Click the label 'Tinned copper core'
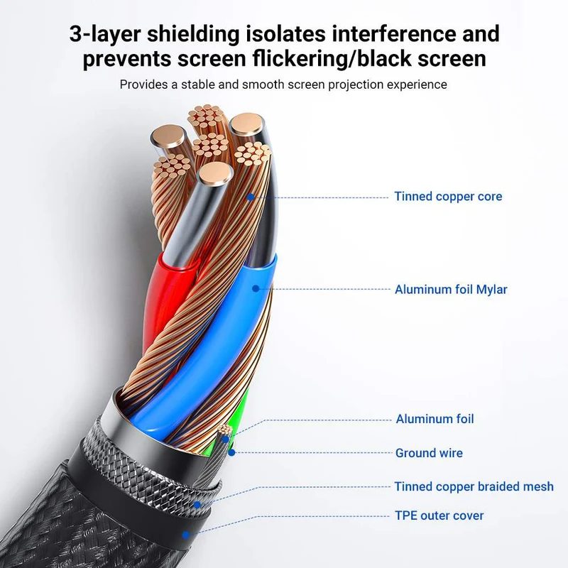coord(448,197)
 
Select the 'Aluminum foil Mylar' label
coord(451,290)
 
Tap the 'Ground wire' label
coord(429,453)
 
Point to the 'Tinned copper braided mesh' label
coord(474,486)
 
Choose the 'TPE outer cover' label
coord(439,515)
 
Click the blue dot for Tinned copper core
coord(251,197)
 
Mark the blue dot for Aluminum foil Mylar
coord(256,289)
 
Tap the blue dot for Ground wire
coord(232,452)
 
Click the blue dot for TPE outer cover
coord(186,535)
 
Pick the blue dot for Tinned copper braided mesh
coord(197,504)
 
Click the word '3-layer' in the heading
coord(104,33)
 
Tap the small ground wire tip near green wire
coord(224,430)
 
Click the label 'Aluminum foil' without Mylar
coord(435,419)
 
